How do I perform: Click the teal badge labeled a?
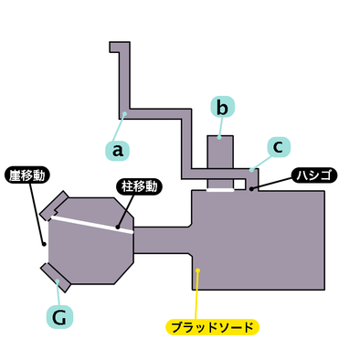pos(116,147)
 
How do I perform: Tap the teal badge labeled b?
pos(222,107)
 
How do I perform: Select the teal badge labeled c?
pos(278,146)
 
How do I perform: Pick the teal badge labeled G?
pos(58,316)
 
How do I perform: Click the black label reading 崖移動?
pos(28,173)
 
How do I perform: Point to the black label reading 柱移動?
pos(140,186)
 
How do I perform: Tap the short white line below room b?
pos(220,191)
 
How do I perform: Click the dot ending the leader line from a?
pos(124,115)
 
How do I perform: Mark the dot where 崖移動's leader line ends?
pos(43,243)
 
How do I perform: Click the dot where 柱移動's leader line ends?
pos(118,227)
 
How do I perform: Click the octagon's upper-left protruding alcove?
pos(58,205)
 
